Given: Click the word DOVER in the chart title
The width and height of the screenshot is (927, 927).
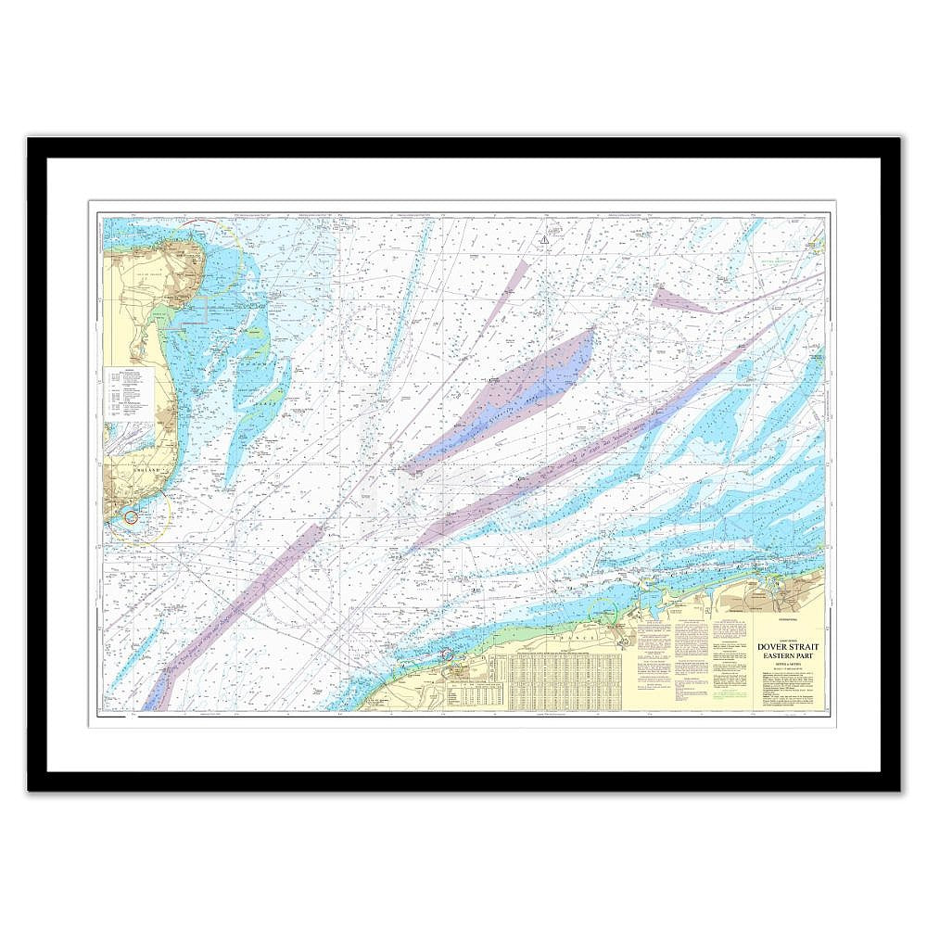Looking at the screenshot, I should (774, 648).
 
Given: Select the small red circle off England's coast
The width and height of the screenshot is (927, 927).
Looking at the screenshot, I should (131, 516).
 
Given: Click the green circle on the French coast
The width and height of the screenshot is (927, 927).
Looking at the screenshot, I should (603, 614).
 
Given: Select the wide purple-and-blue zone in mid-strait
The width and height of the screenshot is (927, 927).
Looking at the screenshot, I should (519, 394).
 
